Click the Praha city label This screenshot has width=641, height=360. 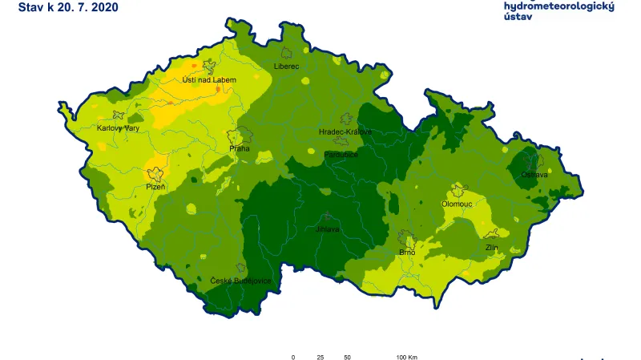coord(239,148)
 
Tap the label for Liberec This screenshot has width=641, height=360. coord(285,66)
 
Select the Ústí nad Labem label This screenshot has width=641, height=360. coord(209,79)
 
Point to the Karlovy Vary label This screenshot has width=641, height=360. coord(119,127)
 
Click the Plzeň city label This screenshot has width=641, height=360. coord(155,186)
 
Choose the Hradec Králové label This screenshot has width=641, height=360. coord(345,131)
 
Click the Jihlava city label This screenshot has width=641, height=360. coord(329,229)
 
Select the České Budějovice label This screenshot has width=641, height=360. coord(240,281)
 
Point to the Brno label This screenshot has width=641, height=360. coord(406,253)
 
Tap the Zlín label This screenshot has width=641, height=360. coord(492,248)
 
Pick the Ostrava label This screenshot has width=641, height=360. coord(534,174)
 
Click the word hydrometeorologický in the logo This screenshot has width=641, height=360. coord(558,6)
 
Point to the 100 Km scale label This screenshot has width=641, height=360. coord(406,357)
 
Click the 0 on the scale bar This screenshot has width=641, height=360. coord(293,357)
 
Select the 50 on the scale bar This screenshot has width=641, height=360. coord(347,357)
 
